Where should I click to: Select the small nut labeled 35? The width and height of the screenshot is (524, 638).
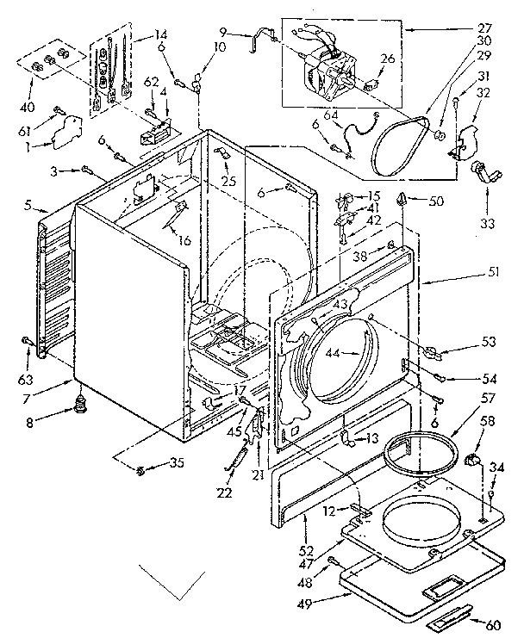tap(140, 468)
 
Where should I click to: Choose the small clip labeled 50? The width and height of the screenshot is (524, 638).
tap(402, 201)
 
